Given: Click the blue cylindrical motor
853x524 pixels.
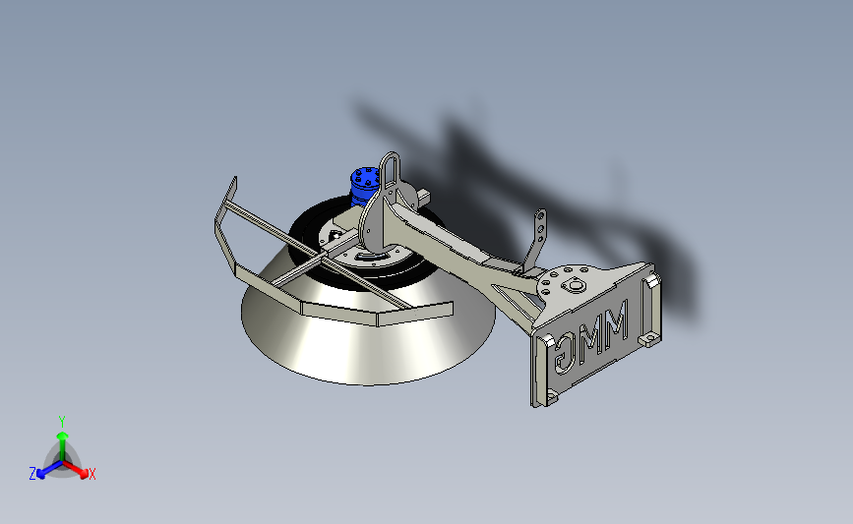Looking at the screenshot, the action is point(363,187).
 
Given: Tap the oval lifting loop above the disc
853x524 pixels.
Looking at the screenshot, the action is point(389,163).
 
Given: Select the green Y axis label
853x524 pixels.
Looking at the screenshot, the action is point(62,422).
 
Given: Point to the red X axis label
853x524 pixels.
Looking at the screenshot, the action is point(91,474).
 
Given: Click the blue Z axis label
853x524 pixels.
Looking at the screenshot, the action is point(32,474).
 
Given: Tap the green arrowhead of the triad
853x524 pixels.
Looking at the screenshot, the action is point(63,436).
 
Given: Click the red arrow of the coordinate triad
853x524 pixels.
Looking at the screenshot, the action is point(76,470).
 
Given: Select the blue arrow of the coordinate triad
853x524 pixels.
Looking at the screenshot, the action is point(49,470).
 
